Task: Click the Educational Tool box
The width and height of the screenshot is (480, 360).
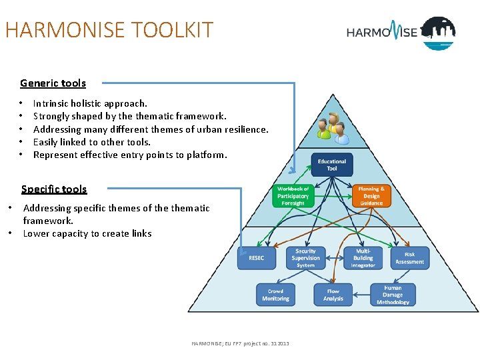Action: [x=332, y=165]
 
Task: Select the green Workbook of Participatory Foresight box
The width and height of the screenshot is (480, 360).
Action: [x=293, y=196]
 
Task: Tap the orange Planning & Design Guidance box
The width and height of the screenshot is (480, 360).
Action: [x=371, y=196]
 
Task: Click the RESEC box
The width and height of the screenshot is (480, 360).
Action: [x=256, y=258]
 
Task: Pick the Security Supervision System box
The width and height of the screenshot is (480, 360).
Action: [x=305, y=258]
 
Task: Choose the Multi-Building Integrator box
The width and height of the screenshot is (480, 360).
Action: [x=363, y=258]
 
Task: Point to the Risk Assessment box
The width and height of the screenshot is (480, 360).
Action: [x=409, y=258]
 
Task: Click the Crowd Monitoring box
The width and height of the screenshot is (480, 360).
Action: [x=275, y=295]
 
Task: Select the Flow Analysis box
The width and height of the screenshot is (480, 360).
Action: [x=333, y=295]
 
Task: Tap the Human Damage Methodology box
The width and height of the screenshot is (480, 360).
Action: [x=393, y=295]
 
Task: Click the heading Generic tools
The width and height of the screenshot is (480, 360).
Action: [x=53, y=83]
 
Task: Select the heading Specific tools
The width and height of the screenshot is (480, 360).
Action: [x=54, y=189]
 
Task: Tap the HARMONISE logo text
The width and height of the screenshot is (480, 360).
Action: [x=381, y=31]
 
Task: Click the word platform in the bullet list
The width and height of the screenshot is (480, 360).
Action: [x=207, y=155]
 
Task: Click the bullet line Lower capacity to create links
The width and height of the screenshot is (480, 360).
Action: [x=87, y=233]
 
